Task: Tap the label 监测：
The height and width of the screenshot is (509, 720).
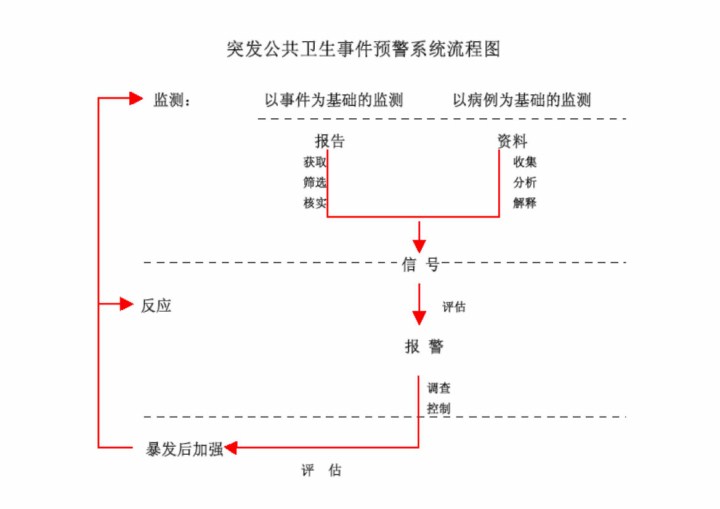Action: tap(171, 100)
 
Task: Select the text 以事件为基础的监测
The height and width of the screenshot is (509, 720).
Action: tap(333, 100)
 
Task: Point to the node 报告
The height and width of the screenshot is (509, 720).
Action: tap(331, 142)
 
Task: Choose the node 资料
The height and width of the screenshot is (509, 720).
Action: tap(512, 142)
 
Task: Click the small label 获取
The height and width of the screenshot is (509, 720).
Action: tap(315, 162)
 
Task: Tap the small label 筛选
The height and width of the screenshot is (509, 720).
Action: tap(315, 182)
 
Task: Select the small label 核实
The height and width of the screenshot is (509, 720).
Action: tap(315, 203)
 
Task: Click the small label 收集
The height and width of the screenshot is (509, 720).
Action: tap(525, 162)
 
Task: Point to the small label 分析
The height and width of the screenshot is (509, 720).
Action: tap(525, 182)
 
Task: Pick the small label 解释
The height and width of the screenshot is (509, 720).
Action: tap(525, 203)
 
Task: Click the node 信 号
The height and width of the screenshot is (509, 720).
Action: tap(420, 265)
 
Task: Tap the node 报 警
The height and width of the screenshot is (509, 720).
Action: tap(424, 347)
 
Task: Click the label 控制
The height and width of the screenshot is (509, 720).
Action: tap(438, 408)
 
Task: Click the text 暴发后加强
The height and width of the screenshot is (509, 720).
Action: tap(185, 449)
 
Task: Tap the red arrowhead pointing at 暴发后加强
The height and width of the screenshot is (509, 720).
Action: tap(231, 448)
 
